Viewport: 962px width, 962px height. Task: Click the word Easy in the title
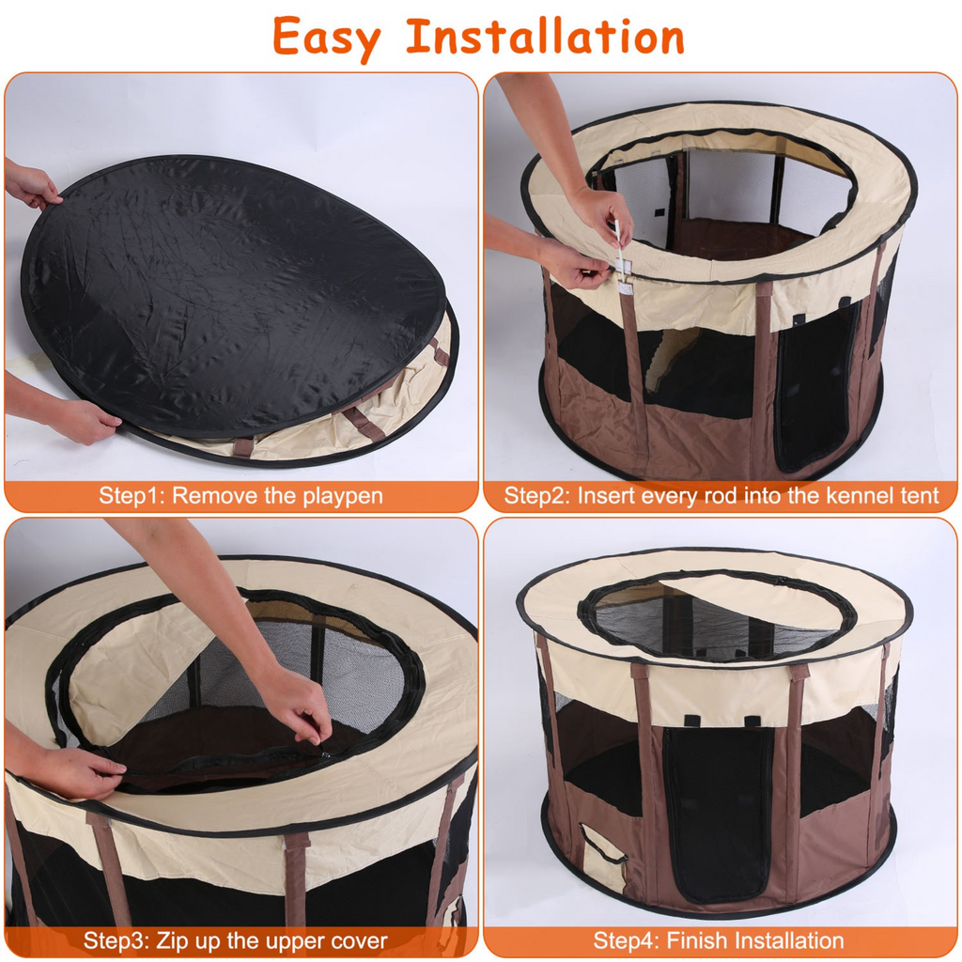coord(326,38)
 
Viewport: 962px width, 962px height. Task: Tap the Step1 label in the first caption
coord(131,496)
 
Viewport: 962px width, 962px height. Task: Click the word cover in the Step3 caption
coord(356,939)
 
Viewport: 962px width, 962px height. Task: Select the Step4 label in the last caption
coord(625,939)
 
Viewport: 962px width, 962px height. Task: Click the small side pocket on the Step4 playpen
coord(602,856)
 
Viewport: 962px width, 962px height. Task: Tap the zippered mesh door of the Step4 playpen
coord(718,808)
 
